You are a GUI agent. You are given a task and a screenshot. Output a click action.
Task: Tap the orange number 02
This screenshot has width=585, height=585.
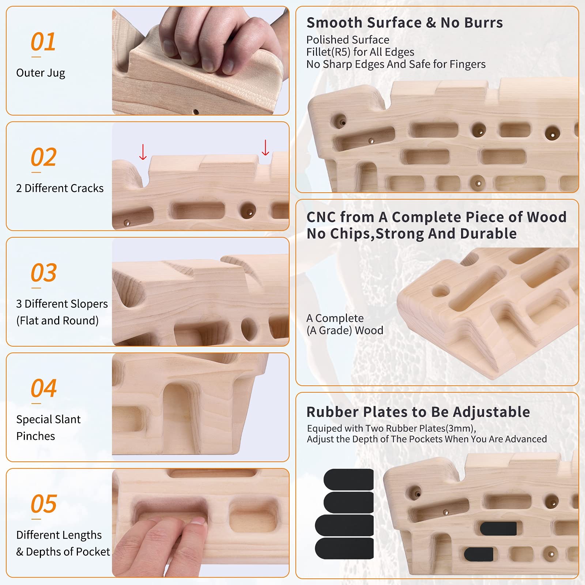click(44, 157)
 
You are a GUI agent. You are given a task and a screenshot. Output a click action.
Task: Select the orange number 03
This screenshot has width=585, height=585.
click(44, 273)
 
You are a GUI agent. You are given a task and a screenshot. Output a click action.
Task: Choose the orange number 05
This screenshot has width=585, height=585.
click(44, 504)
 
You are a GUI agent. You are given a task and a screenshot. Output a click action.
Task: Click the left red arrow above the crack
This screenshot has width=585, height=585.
click(143, 152)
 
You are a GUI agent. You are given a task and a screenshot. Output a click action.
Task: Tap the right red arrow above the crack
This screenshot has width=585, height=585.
click(265, 147)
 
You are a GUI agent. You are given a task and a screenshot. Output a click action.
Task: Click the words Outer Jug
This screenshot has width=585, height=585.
click(41, 73)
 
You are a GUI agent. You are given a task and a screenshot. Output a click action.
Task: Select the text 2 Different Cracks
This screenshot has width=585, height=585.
click(60, 188)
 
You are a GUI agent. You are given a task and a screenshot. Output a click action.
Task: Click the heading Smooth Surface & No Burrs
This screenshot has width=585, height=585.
click(405, 23)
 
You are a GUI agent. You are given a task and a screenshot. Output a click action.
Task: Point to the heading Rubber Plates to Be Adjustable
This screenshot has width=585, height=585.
click(418, 412)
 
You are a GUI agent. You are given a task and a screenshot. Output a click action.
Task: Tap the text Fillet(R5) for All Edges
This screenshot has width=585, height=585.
click(360, 52)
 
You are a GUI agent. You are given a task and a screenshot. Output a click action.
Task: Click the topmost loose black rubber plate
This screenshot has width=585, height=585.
click(348, 479)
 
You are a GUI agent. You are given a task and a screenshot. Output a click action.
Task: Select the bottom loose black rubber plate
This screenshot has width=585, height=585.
click(344, 548)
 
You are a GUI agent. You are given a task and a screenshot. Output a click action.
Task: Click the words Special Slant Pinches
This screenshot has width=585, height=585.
click(48, 427)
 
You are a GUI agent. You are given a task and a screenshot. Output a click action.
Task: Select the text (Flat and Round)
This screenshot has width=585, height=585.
click(57, 321)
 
